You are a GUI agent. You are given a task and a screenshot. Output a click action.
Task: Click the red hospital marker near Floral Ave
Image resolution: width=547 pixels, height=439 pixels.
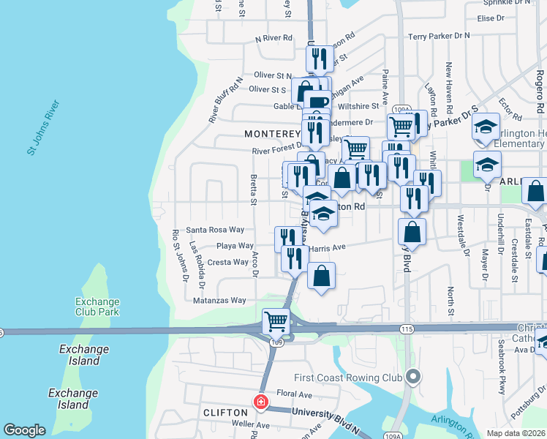tap(260, 402)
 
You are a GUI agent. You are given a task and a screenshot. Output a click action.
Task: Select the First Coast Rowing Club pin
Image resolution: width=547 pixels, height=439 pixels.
tap(413, 378)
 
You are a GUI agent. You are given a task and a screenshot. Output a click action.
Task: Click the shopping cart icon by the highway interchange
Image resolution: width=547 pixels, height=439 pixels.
tap(276, 320)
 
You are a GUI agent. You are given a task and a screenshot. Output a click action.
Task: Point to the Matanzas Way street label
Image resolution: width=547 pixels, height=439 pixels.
tap(219, 300)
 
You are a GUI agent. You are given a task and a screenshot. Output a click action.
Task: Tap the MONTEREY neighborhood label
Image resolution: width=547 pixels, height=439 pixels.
tap(272, 134)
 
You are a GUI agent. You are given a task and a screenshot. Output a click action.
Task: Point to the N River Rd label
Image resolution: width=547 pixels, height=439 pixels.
tap(273, 38)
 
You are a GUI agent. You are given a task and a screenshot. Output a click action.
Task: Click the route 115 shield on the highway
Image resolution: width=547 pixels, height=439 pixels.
tap(407, 330)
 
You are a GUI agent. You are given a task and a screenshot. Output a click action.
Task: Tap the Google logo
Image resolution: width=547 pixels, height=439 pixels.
tap(24, 430)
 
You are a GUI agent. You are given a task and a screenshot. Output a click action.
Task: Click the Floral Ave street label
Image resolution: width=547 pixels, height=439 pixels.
tap(295, 394)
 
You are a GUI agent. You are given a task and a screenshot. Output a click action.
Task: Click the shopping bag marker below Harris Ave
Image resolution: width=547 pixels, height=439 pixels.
tap(321, 276)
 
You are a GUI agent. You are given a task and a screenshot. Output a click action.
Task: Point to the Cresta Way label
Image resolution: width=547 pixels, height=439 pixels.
tap(228, 262)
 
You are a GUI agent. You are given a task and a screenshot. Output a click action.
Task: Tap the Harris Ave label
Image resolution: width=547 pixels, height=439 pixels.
tap(327, 248)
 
